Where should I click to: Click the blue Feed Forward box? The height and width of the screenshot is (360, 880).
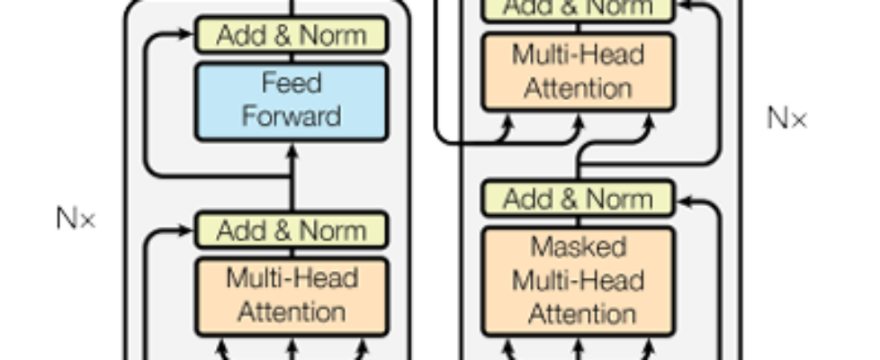tap(291, 101)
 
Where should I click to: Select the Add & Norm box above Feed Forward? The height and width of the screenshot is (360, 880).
tap(291, 35)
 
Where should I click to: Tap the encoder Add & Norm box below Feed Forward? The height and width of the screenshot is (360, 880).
tap(291, 230)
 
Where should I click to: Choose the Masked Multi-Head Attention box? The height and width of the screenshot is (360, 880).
tap(578, 281)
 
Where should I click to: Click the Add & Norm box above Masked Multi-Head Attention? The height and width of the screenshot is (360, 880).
tap(578, 198)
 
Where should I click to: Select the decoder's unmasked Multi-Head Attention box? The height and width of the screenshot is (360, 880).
tap(578, 72)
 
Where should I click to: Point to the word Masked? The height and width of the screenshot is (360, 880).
tap(578, 247)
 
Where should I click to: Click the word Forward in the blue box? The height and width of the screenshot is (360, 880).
tap(291, 116)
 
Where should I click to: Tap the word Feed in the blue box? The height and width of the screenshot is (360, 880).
tap(291, 84)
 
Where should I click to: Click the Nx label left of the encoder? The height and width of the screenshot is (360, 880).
tap(76, 218)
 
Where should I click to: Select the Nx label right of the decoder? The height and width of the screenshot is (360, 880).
tap(786, 118)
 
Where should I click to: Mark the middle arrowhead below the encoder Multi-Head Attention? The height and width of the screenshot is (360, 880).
tap(291, 345)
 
